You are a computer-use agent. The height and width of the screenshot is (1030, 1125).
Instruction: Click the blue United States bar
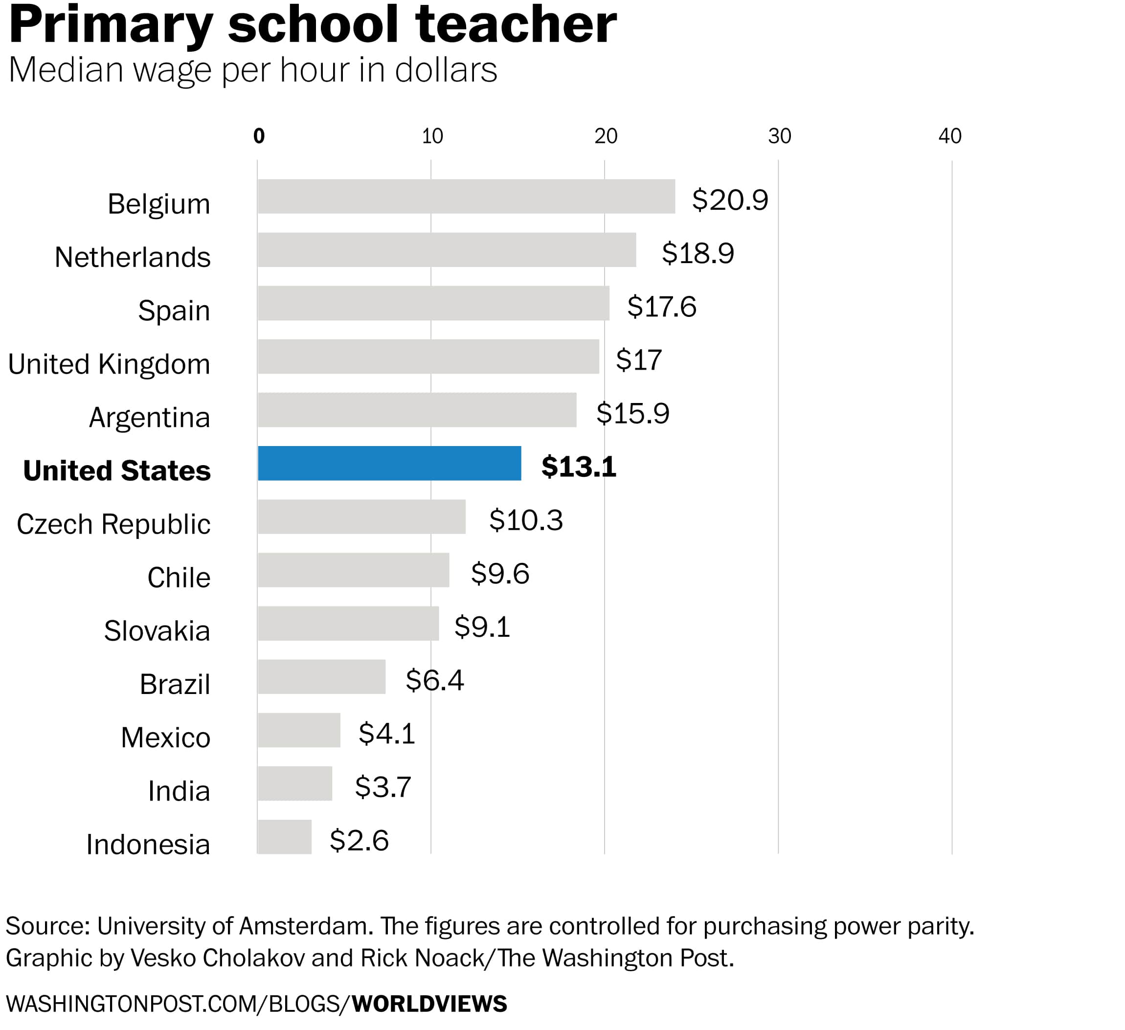pos(389,463)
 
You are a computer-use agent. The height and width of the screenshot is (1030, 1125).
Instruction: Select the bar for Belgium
pos(466,197)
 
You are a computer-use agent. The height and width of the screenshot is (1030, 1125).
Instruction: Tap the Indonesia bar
pos(285,837)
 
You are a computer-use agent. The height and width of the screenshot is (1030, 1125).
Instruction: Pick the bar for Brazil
pos(321,677)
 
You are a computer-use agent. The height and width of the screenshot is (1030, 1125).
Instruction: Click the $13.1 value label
pos(579,467)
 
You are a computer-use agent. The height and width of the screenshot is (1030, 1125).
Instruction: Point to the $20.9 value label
pos(730,200)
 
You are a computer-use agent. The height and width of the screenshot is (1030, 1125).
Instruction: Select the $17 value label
pos(638,360)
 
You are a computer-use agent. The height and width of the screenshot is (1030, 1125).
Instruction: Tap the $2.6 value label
pos(359,840)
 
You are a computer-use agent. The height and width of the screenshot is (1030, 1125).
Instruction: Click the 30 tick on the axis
pos(779,136)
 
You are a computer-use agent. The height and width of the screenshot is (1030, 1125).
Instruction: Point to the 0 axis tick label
pos(258,136)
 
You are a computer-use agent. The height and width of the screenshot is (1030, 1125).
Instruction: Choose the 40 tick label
pos(950,136)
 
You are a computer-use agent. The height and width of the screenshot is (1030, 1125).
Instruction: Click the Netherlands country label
pos(133,257)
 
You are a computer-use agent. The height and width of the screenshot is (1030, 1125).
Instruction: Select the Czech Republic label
pos(114,524)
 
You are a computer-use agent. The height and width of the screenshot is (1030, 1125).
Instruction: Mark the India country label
pos(179,791)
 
